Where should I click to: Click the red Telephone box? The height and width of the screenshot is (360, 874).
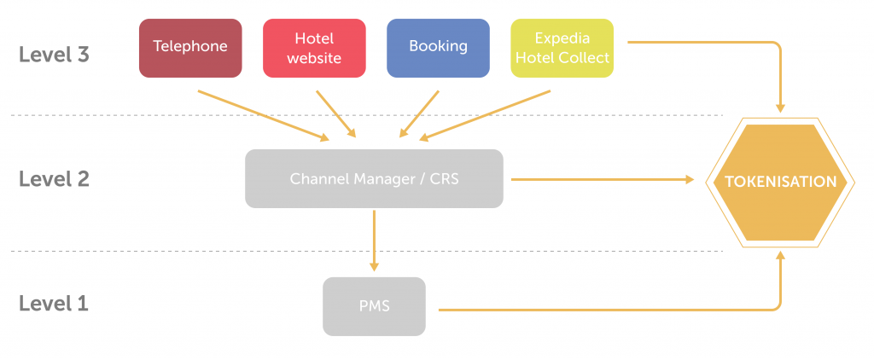coord(189,48)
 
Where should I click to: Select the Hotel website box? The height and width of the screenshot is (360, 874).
coord(314,48)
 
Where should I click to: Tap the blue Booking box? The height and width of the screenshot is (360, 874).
coord(438,48)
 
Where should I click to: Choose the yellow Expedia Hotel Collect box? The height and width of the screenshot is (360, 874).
coord(562,48)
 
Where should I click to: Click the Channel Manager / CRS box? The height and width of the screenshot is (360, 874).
coord(374,179)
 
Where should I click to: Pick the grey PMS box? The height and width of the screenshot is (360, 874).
coord(374,305)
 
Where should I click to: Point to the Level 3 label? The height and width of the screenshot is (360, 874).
coord(54,55)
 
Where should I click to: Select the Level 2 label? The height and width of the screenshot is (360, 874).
coord(54,179)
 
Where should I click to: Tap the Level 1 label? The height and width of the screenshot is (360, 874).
coord(54,304)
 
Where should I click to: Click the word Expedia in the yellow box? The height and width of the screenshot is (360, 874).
coord(562,39)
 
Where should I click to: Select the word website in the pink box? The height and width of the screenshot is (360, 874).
coord(314,58)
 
